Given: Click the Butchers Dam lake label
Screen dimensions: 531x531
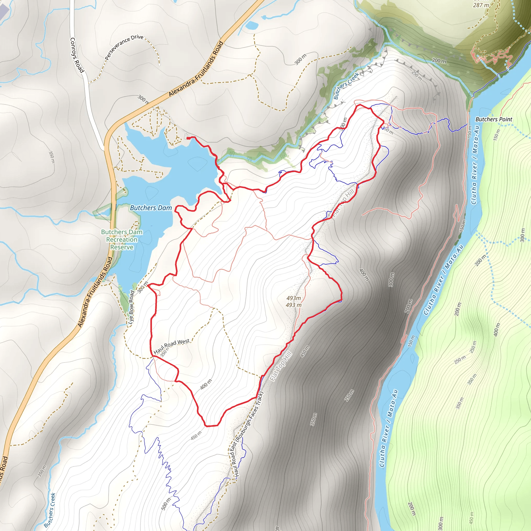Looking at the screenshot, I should (151, 208).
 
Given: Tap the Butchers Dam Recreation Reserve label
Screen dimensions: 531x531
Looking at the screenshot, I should (122, 240).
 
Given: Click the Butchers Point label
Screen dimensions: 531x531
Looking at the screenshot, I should (494, 119).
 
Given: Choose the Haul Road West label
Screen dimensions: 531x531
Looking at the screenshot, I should (171, 346).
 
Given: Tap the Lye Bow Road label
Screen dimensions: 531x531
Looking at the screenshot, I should (131, 308).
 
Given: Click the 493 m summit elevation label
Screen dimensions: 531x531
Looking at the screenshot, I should (294, 302).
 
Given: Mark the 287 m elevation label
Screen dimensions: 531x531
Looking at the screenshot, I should (481, 5).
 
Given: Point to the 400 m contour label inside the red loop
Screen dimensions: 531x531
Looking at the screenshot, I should (206, 384).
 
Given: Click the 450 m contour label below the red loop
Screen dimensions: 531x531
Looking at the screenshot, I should (196, 435).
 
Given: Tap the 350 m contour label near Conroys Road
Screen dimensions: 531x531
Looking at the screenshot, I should (52, 157).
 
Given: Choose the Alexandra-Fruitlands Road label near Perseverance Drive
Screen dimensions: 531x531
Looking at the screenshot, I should (196, 69).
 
